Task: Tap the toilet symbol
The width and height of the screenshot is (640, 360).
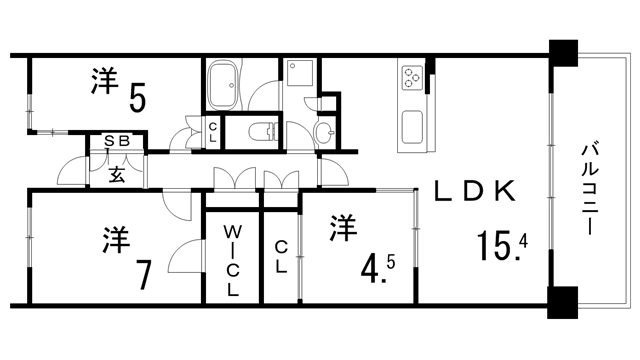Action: point(263,131)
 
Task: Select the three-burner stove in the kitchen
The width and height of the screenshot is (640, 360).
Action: point(411,78)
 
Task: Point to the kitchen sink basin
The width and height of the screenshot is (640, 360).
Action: point(412,127)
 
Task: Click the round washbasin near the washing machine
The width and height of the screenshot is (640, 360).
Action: point(324,132)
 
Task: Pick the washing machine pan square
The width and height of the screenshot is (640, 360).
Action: point(300,73)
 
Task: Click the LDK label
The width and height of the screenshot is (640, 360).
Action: point(475,191)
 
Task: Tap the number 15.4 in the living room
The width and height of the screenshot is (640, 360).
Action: point(502,245)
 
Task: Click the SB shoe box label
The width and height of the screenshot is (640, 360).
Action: point(117,141)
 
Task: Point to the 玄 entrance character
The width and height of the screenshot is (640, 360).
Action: point(117,174)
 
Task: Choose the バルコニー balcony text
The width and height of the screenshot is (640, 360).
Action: point(589,188)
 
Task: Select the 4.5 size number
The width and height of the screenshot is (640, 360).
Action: point(378,267)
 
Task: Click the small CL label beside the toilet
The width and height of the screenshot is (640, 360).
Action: point(212,133)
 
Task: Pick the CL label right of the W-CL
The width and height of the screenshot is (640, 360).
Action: point(281,256)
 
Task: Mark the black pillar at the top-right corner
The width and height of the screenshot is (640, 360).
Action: point(563,53)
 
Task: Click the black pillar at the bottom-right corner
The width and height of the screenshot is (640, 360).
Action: point(562,302)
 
